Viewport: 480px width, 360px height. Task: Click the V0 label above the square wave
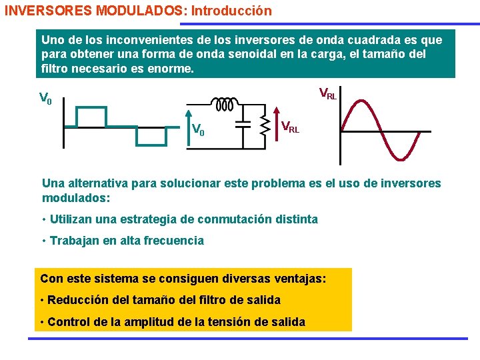[46, 100]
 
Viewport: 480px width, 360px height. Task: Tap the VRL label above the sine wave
[327, 94]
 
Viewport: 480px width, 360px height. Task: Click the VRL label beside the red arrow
[290, 126]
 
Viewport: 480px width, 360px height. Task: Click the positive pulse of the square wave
[91, 117]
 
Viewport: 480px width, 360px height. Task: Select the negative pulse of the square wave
[151, 136]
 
